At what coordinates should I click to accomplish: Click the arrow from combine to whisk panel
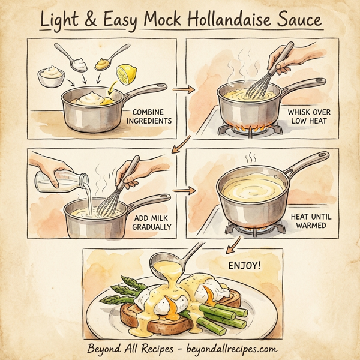click(x=184, y=90)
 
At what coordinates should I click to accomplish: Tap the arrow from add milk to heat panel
click(x=184, y=191)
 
